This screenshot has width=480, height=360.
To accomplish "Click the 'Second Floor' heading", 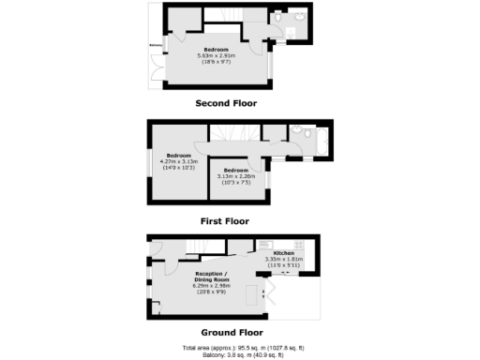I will (225, 103).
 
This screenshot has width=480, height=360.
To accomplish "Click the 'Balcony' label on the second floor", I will (156, 44).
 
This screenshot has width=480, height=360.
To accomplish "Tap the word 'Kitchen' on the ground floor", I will (283, 254).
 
